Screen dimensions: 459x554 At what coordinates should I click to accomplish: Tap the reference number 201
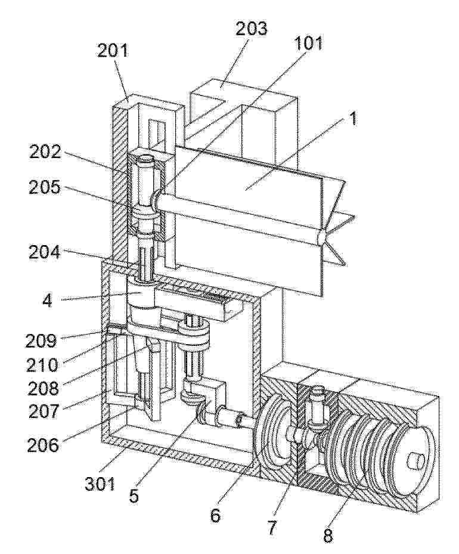112,51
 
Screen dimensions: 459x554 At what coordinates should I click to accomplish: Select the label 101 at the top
307,43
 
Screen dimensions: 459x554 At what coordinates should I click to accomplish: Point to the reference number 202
45,153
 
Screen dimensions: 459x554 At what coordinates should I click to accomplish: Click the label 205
45,188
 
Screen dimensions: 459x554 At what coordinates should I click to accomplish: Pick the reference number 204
45,252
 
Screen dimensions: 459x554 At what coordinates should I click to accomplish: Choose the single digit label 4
47,301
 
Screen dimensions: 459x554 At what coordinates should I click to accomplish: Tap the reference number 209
41,341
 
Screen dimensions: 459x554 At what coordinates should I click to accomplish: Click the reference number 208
44,388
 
